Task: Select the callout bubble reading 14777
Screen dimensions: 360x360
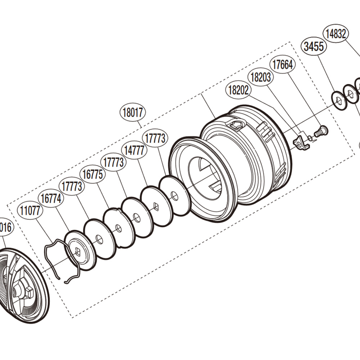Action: click(x=135, y=150)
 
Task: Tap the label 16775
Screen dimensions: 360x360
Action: click(x=93, y=175)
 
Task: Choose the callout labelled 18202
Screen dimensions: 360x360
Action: click(x=238, y=90)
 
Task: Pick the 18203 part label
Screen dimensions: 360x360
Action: click(x=261, y=77)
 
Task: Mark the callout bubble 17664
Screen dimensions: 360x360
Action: click(x=283, y=65)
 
